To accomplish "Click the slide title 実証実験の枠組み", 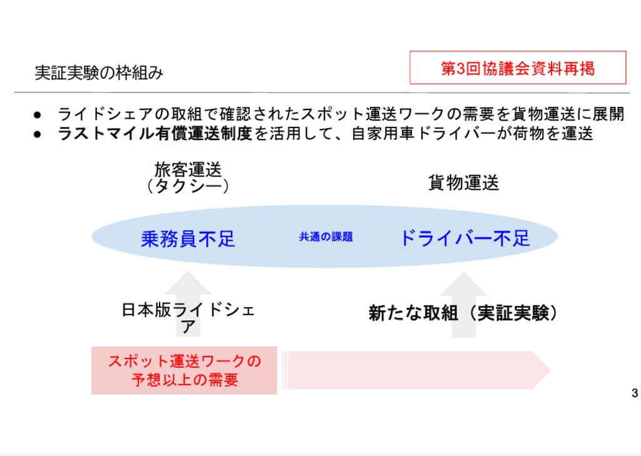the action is [99, 73].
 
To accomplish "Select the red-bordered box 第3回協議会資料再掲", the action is [518, 68].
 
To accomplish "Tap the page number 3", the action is [635, 393].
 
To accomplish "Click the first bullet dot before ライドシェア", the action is [38, 115].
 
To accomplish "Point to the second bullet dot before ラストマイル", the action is [38, 134].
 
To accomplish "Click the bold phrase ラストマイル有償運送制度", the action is [155, 134].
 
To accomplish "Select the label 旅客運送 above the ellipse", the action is [188, 169].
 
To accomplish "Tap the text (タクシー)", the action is [188, 186].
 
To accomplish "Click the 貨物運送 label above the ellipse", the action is [464, 182].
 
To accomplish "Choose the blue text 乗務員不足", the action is [188, 238].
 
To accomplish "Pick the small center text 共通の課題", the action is [326, 237].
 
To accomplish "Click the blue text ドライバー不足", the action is [465, 238].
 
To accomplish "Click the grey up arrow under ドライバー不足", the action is [464, 305].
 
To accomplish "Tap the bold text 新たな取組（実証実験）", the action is [463, 313].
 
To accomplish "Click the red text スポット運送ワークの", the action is [185, 361].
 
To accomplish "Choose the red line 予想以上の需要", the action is [185, 380].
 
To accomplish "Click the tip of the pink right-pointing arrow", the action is [551, 370].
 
